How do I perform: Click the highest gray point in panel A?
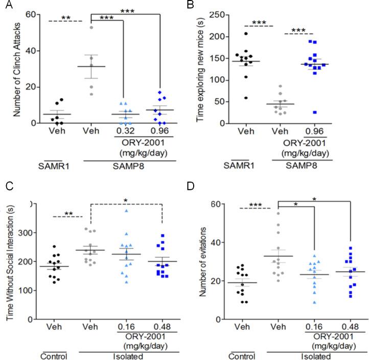[x=92, y=27]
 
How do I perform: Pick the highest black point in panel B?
[x=245, y=34]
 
